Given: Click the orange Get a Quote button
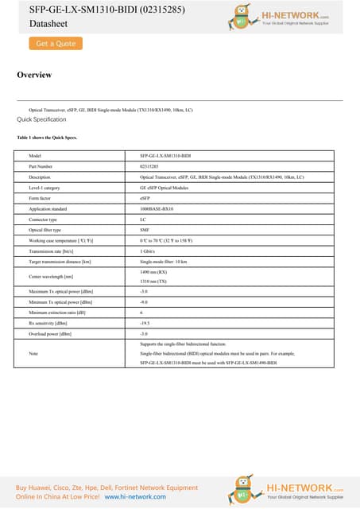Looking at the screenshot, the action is click(56, 44).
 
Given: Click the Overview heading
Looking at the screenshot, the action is click(34, 75).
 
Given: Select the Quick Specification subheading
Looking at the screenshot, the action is click(41, 119).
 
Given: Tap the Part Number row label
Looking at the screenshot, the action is click(41, 166).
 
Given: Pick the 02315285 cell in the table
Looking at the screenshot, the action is click(149, 166).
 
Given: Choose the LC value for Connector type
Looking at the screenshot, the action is click(143, 219).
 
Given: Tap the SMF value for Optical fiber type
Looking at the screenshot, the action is click(145, 229).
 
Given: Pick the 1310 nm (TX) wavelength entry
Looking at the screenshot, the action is click(153, 282).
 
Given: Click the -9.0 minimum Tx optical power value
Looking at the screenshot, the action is click(144, 303).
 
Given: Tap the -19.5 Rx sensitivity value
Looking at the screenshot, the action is click(145, 324).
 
